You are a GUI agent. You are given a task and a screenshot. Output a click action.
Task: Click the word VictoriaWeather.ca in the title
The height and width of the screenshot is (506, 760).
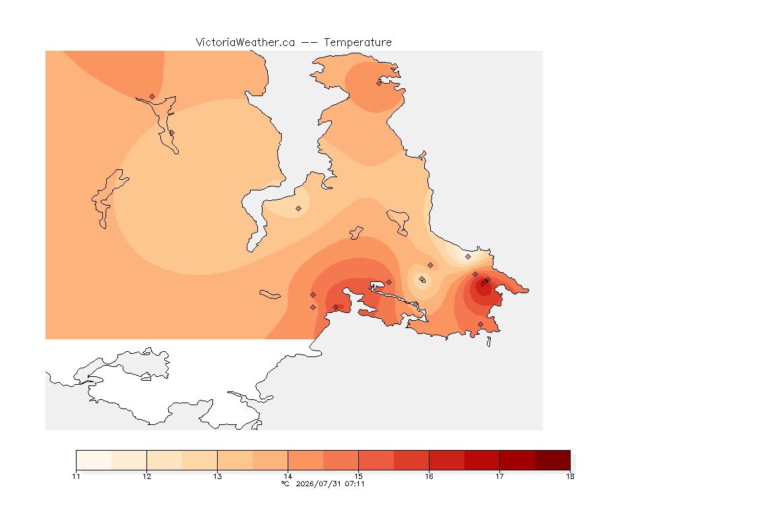(x=245, y=43)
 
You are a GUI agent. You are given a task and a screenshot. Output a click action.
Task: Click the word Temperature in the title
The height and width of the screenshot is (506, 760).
(x=358, y=43)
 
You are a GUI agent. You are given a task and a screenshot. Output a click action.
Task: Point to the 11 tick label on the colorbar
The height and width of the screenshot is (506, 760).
(x=76, y=476)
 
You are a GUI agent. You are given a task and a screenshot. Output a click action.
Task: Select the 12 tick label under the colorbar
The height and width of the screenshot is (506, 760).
(x=147, y=476)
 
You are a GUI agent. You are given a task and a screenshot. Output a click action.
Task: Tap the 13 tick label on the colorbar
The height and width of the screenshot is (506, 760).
(x=218, y=476)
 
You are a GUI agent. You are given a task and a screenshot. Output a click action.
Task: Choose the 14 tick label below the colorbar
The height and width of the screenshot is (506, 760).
(x=288, y=476)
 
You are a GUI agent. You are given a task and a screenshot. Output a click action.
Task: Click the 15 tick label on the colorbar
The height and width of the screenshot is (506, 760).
(x=359, y=476)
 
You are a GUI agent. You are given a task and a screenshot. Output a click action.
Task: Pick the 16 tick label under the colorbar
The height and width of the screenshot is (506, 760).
(x=429, y=476)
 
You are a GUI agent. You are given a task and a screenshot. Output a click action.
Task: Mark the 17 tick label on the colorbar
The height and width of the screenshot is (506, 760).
(x=499, y=476)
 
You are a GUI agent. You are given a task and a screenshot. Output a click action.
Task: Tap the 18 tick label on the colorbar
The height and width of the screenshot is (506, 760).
(x=570, y=476)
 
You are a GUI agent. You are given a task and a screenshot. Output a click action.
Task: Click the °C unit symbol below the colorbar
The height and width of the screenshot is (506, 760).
(x=286, y=484)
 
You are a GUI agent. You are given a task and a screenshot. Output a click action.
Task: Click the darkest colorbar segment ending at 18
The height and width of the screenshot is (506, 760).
(x=553, y=460)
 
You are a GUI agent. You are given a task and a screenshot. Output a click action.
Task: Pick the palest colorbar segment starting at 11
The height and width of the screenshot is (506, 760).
(x=94, y=460)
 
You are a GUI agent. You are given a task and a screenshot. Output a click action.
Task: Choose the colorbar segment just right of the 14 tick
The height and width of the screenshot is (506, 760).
(x=305, y=460)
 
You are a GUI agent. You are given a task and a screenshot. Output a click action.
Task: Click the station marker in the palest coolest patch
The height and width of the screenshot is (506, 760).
(x=468, y=257)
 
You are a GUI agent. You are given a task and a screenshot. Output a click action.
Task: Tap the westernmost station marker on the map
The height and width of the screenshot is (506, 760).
(x=152, y=97)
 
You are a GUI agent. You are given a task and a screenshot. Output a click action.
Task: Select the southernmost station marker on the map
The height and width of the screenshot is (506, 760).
(x=480, y=324)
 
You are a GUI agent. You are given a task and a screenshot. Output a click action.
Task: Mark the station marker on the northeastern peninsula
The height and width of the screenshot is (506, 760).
(x=379, y=83)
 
